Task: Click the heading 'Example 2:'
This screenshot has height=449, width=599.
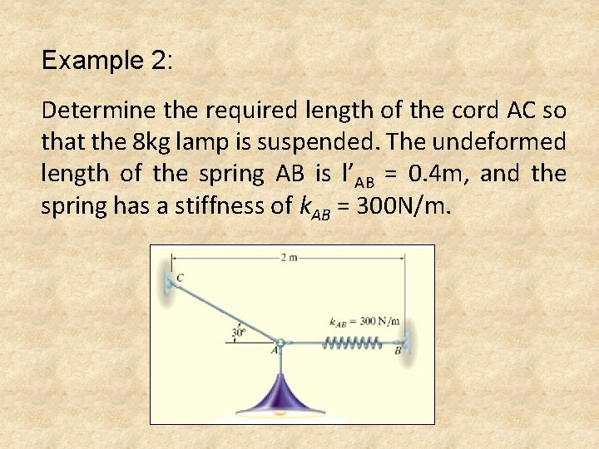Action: point(107,61)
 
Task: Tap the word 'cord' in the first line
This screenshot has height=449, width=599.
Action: point(461,110)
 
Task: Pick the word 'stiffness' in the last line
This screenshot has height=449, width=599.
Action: point(237,205)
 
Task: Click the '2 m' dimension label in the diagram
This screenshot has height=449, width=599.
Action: point(290,258)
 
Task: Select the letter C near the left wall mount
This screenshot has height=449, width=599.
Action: point(180,276)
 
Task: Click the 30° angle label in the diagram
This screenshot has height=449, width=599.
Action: point(237,333)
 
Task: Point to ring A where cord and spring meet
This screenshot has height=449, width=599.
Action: point(281,343)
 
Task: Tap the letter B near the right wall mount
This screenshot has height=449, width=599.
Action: point(398,352)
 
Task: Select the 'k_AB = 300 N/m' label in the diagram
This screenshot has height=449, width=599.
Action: point(364,322)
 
